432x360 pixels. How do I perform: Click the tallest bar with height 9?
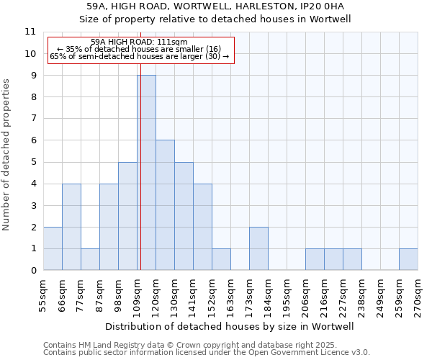[146, 173]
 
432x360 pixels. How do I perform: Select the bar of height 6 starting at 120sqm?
[165, 205]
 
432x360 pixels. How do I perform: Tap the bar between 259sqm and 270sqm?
[408, 259]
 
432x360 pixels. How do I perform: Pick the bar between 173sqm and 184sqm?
[258, 248]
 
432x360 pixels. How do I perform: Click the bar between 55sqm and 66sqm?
[53, 248]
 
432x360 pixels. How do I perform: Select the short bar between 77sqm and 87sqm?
[90, 259]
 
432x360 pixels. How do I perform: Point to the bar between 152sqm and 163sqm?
[221, 259]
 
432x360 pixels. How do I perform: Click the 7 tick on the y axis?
[32, 119]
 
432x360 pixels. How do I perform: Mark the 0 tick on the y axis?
[32, 271]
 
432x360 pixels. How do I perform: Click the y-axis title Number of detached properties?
[7, 155]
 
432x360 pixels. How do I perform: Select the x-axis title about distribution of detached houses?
[230, 326]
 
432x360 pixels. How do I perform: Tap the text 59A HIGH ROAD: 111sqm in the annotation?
[140, 42]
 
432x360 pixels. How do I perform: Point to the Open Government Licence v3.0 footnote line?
[207, 353]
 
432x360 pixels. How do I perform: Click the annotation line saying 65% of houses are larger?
[140, 56]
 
